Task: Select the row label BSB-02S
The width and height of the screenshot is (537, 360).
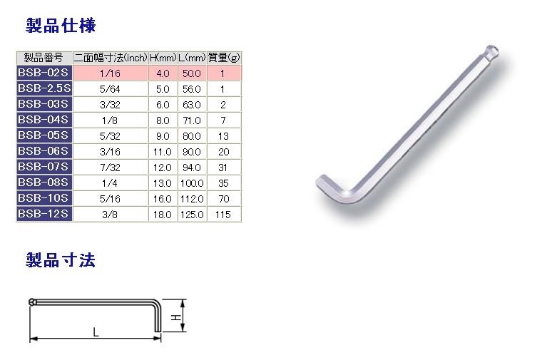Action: click(44, 73)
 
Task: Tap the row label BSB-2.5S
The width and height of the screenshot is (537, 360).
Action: click(44, 88)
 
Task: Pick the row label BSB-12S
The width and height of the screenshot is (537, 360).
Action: click(44, 213)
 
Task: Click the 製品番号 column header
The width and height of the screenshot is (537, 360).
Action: click(44, 58)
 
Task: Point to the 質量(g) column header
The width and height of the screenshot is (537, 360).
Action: click(224, 58)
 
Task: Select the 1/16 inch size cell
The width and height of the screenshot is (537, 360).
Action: click(110, 73)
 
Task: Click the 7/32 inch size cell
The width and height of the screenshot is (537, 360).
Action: click(110, 167)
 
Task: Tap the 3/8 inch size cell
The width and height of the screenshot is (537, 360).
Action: click(110, 214)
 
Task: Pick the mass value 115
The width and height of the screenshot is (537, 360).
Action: click(224, 214)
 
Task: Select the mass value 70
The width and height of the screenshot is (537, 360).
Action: click(224, 198)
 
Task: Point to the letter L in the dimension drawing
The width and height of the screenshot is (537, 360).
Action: click(95, 331)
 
